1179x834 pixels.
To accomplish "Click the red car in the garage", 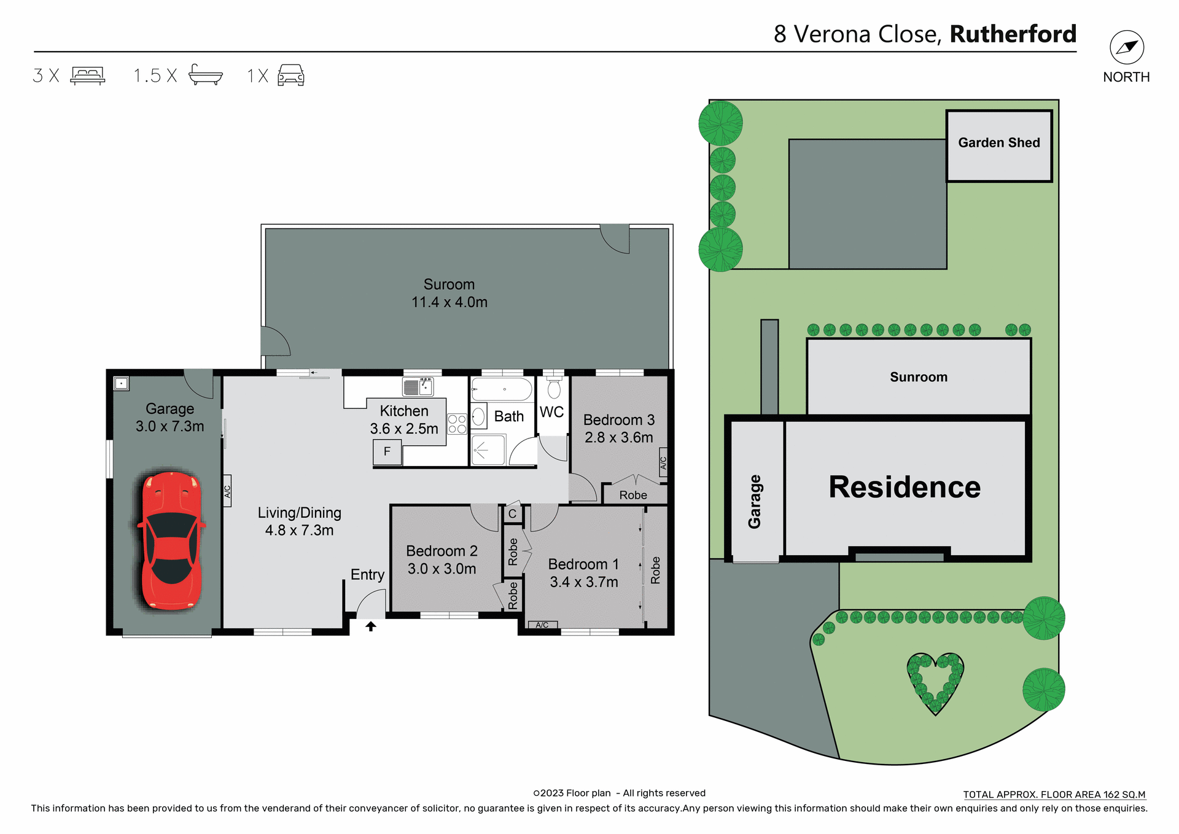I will (x=171, y=540).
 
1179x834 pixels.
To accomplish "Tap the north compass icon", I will (x=1126, y=47).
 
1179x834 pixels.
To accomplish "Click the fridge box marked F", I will (x=387, y=452).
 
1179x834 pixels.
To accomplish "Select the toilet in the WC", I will (x=554, y=388).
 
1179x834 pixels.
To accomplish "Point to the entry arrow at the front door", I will (x=371, y=626).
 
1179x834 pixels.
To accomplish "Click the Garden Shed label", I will (x=998, y=142).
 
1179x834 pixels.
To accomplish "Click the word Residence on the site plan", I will (x=905, y=487).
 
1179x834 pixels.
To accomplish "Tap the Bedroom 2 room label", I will (x=442, y=551).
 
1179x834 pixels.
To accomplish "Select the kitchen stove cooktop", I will (x=457, y=424).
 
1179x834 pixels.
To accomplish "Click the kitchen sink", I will (x=418, y=386).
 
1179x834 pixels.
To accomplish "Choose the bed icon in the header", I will (x=88, y=75).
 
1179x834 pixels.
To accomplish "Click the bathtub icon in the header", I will (x=206, y=75).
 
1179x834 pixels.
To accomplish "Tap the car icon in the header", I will (x=291, y=75).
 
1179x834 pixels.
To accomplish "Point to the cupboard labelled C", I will (x=513, y=513).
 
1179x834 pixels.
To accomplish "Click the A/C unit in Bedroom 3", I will (x=663, y=462).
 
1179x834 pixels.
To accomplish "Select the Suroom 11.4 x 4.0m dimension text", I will (x=449, y=302).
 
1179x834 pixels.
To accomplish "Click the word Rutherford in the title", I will (x=1013, y=34).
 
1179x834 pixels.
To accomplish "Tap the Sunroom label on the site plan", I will (x=919, y=377).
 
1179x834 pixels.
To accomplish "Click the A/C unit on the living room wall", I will (x=227, y=491).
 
